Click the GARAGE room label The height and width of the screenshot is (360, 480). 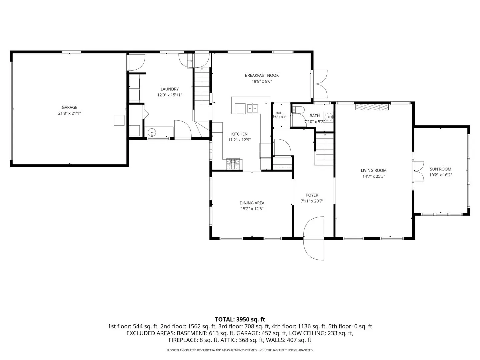[x=69, y=107]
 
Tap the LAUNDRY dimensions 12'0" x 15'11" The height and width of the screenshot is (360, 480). [x=169, y=95]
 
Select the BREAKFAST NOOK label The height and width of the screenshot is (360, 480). [x=262, y=75]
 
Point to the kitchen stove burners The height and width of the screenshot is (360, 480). [x=233, y=164]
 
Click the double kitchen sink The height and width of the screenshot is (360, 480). [x=253, y=108]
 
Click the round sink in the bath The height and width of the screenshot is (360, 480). [x=329, y=117]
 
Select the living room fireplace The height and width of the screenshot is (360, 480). [x=372, y=107]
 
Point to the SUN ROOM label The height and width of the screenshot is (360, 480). [x=440, y=169]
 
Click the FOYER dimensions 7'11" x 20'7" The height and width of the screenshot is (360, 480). [x=312, y=201]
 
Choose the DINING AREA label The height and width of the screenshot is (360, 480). [x=252, y=203]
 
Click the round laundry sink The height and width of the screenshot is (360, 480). [x=152, y=132]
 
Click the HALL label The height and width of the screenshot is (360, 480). [x=279, y=113]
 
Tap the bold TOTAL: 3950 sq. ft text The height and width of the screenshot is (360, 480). [x=240, y=320]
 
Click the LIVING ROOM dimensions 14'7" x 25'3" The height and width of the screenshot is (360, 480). [x=374, y=176]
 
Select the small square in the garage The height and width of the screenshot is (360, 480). [x=119, y=120]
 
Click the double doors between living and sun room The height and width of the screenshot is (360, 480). [x=418, y=171]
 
